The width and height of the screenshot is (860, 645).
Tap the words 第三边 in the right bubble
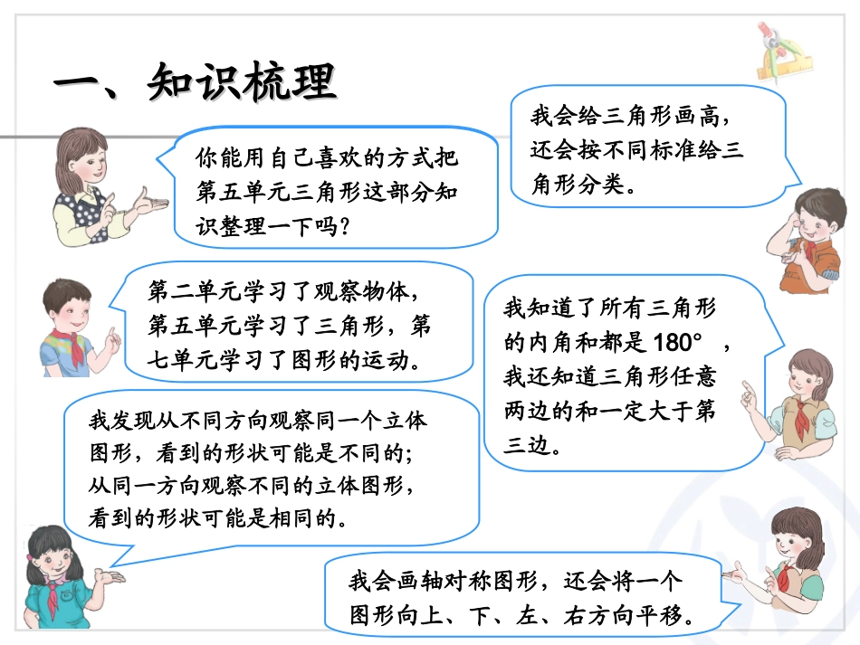tap(531, 444)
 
